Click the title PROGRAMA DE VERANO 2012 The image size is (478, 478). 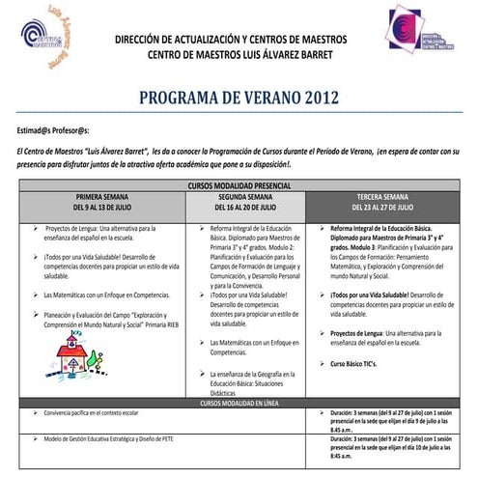[239, 98]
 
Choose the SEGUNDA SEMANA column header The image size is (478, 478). [247, 195]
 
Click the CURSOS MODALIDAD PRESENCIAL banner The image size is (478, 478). [239, 183]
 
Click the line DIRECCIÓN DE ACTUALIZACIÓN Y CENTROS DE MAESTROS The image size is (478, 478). [247, 41]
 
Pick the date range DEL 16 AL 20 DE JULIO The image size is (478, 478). [247, 207]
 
